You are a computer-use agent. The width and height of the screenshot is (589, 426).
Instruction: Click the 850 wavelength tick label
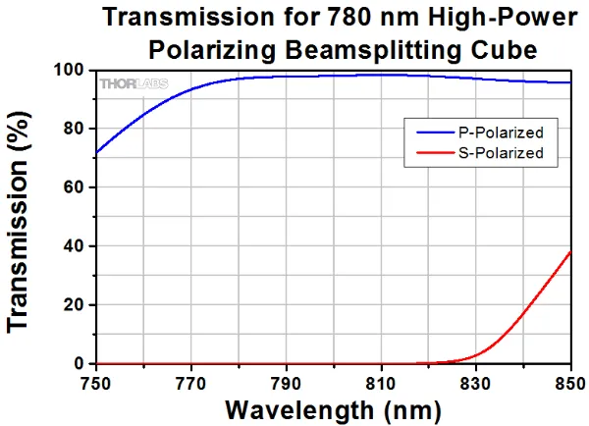tap(567, 380)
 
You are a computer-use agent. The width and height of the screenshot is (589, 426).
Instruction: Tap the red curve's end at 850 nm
tap(570, 252)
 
